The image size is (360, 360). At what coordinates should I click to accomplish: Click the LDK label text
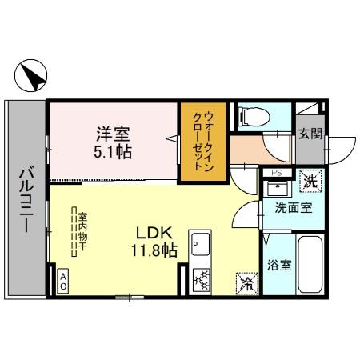pos(149,234)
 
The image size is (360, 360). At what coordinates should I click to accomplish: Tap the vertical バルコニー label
pos(25,198)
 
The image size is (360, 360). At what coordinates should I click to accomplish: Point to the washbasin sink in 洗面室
pos(278,190)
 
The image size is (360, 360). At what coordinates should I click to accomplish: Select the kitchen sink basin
pos(200,242)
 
